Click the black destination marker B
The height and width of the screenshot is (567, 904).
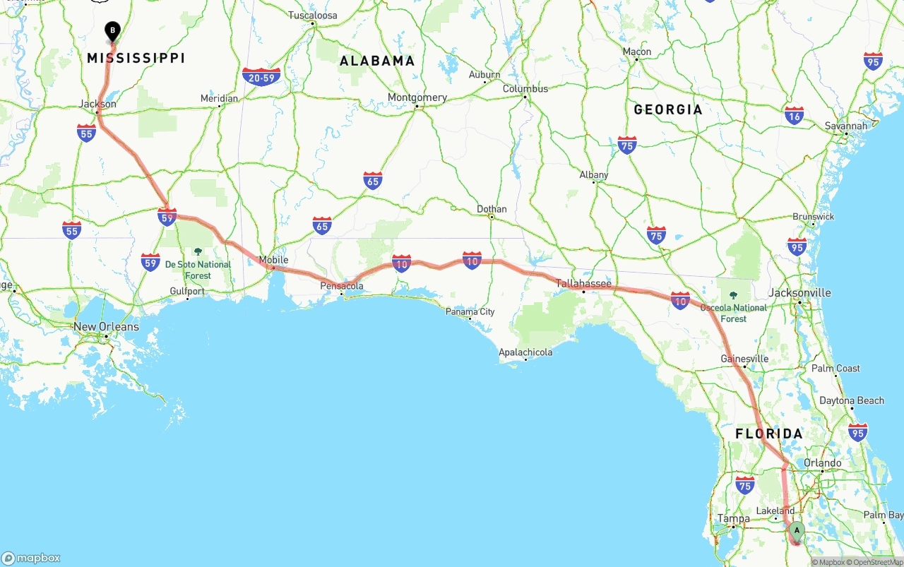coord(112,31)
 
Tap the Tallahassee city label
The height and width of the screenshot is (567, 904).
coord(583,283)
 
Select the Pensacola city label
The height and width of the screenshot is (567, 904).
coord(342,286)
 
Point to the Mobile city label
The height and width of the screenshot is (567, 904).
coord(273,260)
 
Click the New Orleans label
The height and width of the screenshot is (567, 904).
coord(106,327)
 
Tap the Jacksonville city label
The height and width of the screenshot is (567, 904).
coord(800,292)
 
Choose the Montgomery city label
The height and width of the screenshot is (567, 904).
coord(417,97)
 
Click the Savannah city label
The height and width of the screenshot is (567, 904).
coord(846,126)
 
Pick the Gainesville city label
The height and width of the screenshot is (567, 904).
coord(744,359)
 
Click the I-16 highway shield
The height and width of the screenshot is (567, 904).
coord(795,115)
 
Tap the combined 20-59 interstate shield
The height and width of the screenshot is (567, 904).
coord(261,77)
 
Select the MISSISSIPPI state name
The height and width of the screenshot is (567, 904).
coord(136,58)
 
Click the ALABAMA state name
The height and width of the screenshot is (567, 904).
coord(377,61)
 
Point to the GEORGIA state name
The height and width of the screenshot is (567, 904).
coord(668,109)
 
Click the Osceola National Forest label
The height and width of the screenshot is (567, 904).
coord(734,313)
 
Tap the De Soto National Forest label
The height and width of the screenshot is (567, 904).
coord(198,270)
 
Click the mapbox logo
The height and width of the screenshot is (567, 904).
coord(31,558)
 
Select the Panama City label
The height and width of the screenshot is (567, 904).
coord(470,311)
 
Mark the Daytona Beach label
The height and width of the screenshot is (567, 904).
coord(851,400)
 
